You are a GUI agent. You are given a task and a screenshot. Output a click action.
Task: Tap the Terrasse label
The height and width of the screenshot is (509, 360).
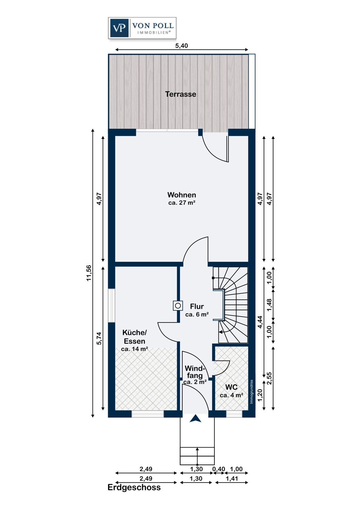point(181,94)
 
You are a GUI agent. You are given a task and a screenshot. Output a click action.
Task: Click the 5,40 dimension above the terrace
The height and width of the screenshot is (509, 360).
point(181,46)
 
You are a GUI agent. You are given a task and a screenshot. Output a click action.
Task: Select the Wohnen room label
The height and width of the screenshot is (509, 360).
point(182,195)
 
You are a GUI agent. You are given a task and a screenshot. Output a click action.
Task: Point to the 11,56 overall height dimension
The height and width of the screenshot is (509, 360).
point(89,273)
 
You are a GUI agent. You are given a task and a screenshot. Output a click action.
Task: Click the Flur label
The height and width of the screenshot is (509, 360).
point(197,306)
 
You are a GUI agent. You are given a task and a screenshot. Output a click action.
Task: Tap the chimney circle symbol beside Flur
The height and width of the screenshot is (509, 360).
point(178,306)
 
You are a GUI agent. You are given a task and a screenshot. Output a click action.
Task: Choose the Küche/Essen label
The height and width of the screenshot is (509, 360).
point(134,337)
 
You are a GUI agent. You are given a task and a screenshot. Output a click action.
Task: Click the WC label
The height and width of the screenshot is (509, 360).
point(231,387)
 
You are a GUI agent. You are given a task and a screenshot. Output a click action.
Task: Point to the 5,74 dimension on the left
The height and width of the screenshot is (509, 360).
point(99,338)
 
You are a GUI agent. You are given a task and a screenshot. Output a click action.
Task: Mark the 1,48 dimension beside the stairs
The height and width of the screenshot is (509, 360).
point(270,305)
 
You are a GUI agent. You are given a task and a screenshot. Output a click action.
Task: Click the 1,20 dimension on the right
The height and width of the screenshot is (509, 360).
point(260,395)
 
